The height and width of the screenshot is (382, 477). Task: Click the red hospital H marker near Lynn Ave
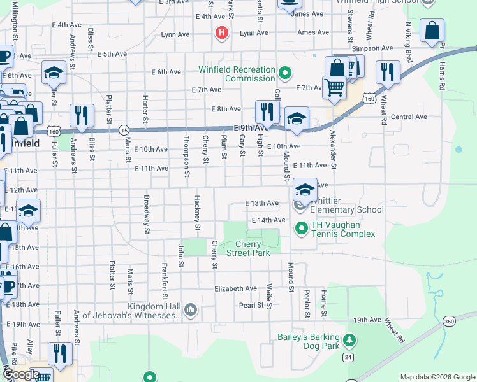222,32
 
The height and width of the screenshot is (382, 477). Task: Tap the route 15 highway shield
124,129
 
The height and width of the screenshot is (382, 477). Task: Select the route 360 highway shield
450,320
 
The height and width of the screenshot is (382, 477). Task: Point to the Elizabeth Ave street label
235,288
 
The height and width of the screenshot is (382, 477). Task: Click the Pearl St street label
251,306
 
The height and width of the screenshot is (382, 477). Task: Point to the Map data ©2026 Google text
437,377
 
